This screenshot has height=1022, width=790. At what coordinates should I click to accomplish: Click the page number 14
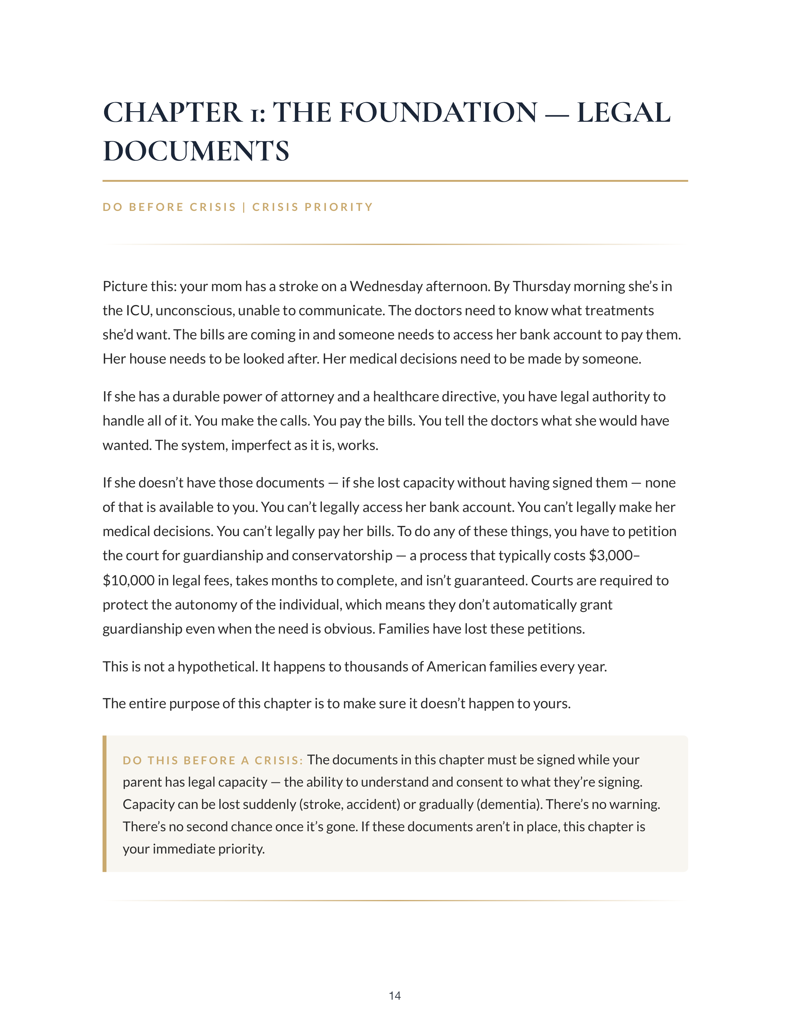coord(394,995)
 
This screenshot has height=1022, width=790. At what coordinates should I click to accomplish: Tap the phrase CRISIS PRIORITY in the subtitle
coord(312,207)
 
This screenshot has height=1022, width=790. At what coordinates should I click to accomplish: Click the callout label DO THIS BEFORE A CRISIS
coord(213,760)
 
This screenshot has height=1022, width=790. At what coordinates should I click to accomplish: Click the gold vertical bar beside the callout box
coord(104,803)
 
